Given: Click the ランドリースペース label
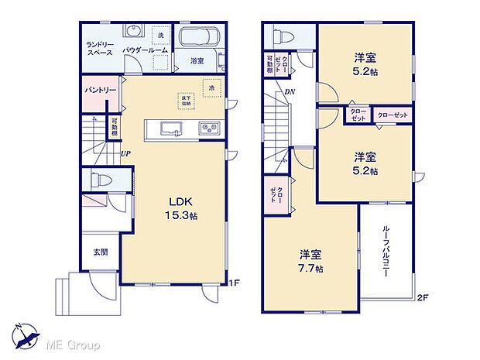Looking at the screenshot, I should click(x=100, y=49).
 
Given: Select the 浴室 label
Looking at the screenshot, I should click(x=197, y=60).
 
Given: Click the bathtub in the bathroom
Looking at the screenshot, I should click(x=200, y=37).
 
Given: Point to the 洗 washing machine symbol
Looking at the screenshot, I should click(x=160, y=36).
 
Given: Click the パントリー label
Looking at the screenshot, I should click(x=100, y=91).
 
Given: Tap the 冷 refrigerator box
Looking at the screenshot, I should click(x=210, y=88).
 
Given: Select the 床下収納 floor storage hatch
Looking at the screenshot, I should click(x=186, y=100).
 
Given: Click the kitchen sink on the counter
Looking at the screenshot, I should click(x=168, y=129).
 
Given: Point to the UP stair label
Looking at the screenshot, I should click(x=125, y=154).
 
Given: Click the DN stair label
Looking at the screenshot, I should click(x=289, y=92).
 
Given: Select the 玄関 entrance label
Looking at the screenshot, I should click(x=100, y=252).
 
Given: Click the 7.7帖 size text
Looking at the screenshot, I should click(x=314, y=268).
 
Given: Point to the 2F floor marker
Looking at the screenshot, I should click(x=421, y=297).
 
